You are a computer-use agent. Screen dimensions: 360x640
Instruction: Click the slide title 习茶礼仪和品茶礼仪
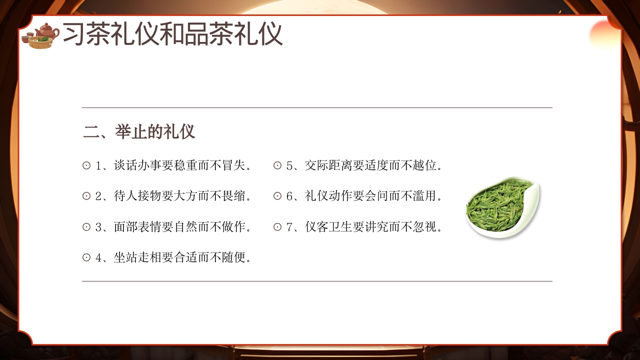172,34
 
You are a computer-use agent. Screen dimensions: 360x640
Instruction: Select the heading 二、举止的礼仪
139,132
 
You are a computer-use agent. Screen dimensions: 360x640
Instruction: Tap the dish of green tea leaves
501,207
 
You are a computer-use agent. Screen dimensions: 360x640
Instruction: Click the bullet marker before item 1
86,165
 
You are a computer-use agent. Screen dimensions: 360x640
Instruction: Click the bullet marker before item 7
277,227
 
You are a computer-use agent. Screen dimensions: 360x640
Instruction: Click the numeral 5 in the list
289,165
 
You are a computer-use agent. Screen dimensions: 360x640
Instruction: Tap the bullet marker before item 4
86,258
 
